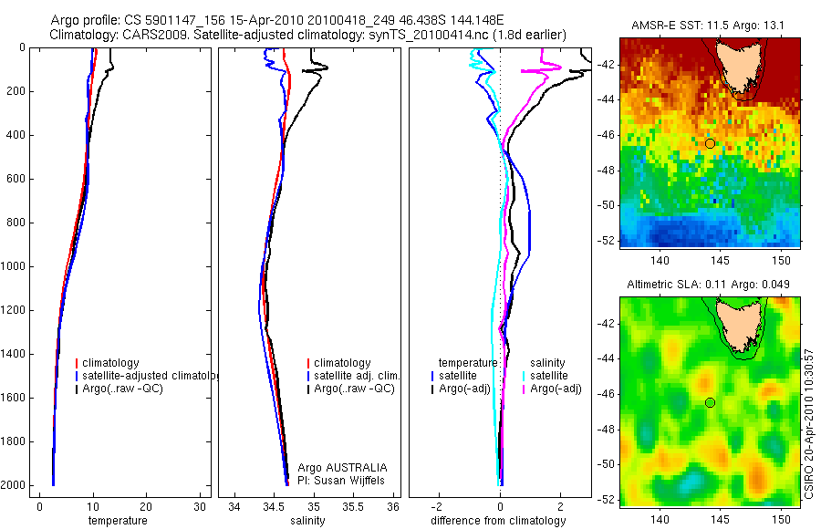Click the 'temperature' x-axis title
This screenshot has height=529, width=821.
(117, 521)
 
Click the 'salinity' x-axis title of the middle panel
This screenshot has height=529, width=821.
(308, 521)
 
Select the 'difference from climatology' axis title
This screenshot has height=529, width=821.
(498, 521)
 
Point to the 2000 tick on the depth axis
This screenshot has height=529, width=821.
(14, 485)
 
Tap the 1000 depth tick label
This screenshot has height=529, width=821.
(14, 266)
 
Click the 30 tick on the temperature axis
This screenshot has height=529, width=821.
(199, 506)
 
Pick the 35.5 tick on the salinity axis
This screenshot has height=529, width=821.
(354, 506)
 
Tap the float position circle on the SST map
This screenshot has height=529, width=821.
(710, 143)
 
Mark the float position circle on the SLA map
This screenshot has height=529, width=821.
(710, 402)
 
